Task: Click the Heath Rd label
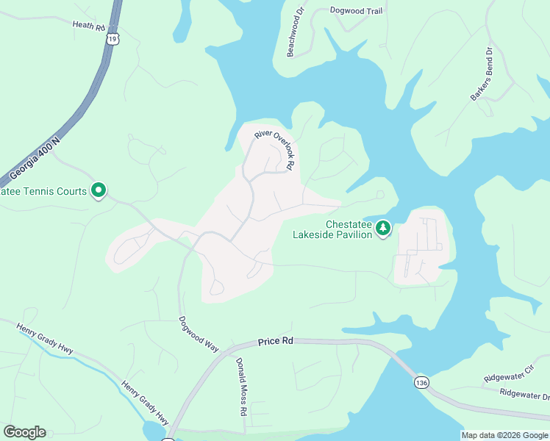pyautogui.click(x=89, y=25)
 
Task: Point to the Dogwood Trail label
pyautogui.click(x=357, y=10)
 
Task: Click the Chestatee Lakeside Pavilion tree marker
pyautogui.click(x=382, y=229)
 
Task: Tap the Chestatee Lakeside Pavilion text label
pyautogui.click(x=348, y=229)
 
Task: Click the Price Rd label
pyautogui.click(x=276, y=342)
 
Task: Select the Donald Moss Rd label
pyautogui.click(x=241, y=387)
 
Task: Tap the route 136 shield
pyautogui.click(x=421, y=383)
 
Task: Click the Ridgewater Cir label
pyautogui.click(x=507, y=376)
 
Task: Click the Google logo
pyautogui.click(x=24, y=432)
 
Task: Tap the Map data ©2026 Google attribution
pyautogui.click(x=504, y=435)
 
